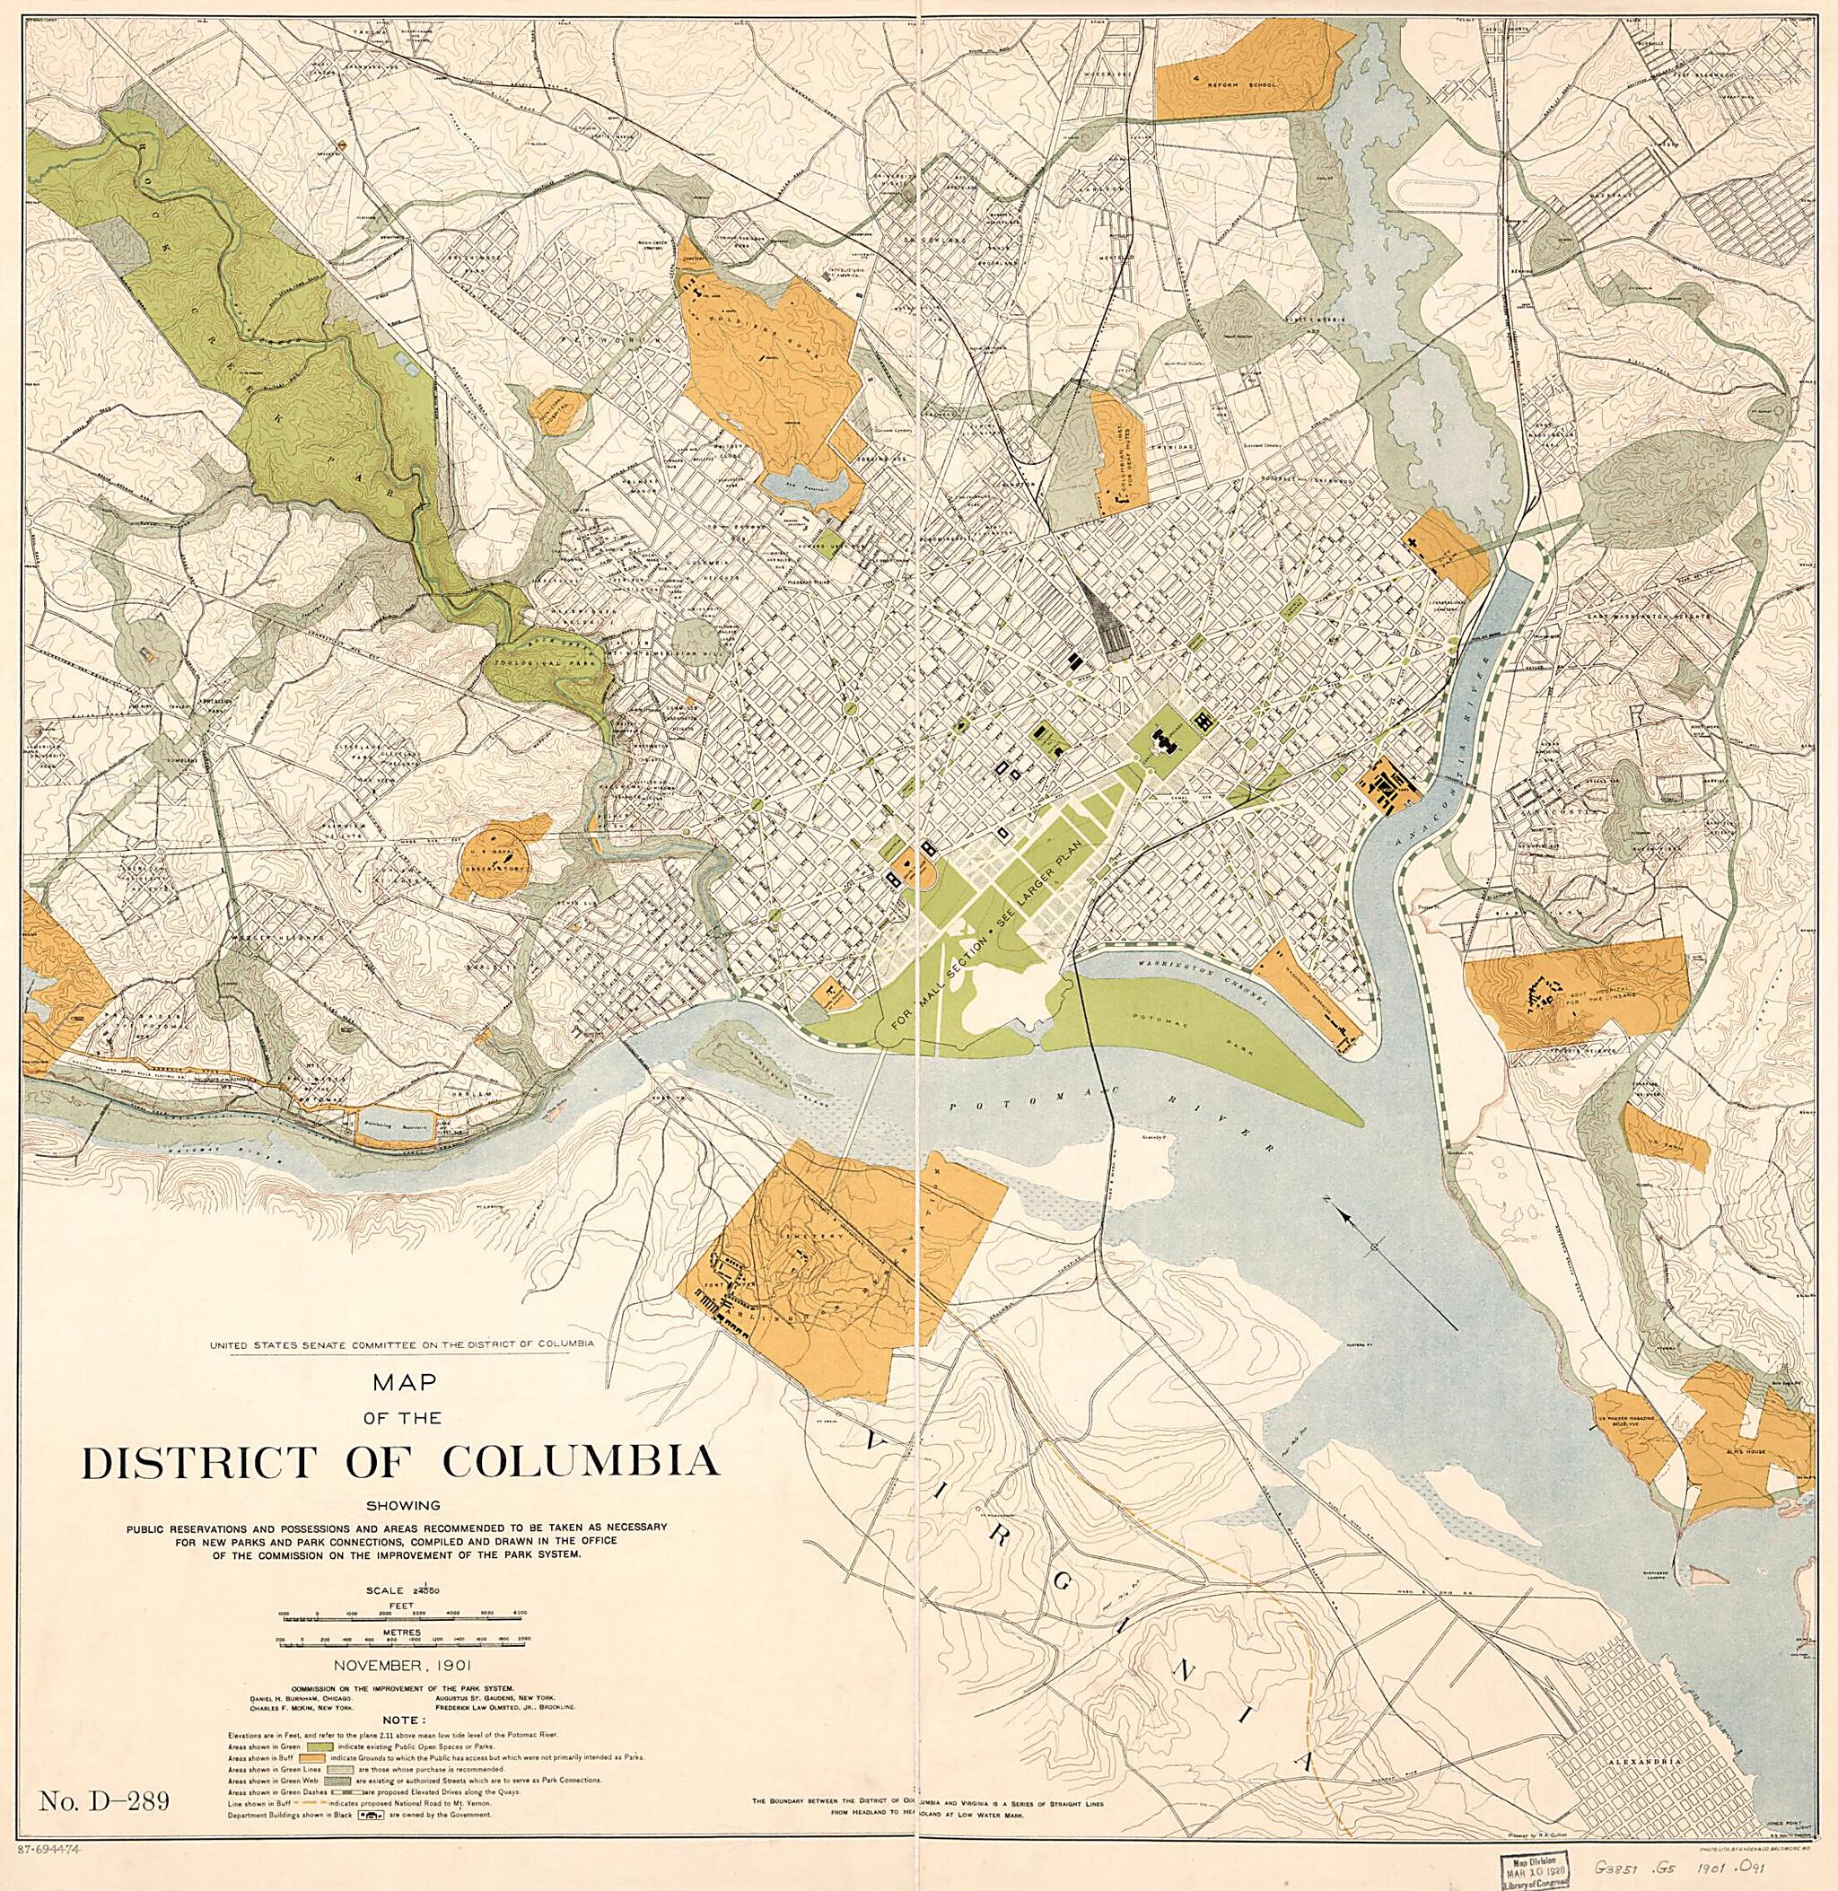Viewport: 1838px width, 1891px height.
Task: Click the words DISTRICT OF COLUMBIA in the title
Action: point(399,1460)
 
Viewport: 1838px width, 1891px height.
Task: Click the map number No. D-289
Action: point(105,1799)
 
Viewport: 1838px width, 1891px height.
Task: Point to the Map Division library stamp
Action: point(1541,1862)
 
